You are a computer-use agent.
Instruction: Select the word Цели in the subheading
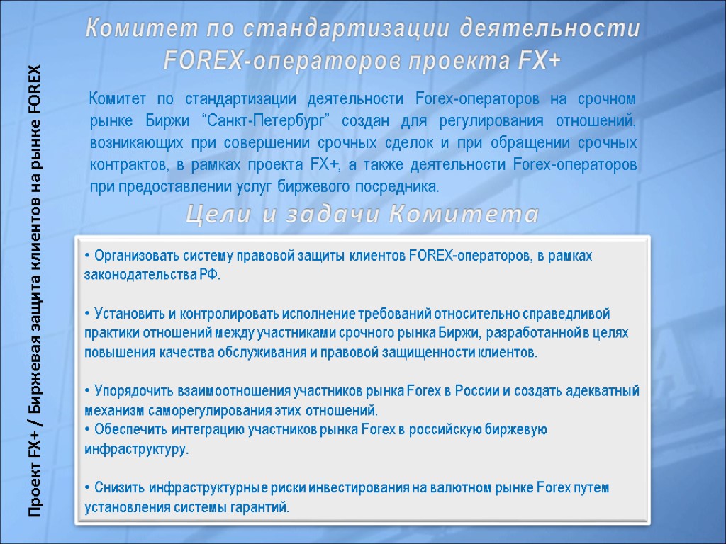(x=220, y=214)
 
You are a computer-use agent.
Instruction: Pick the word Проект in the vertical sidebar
(x=33, y=497)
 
